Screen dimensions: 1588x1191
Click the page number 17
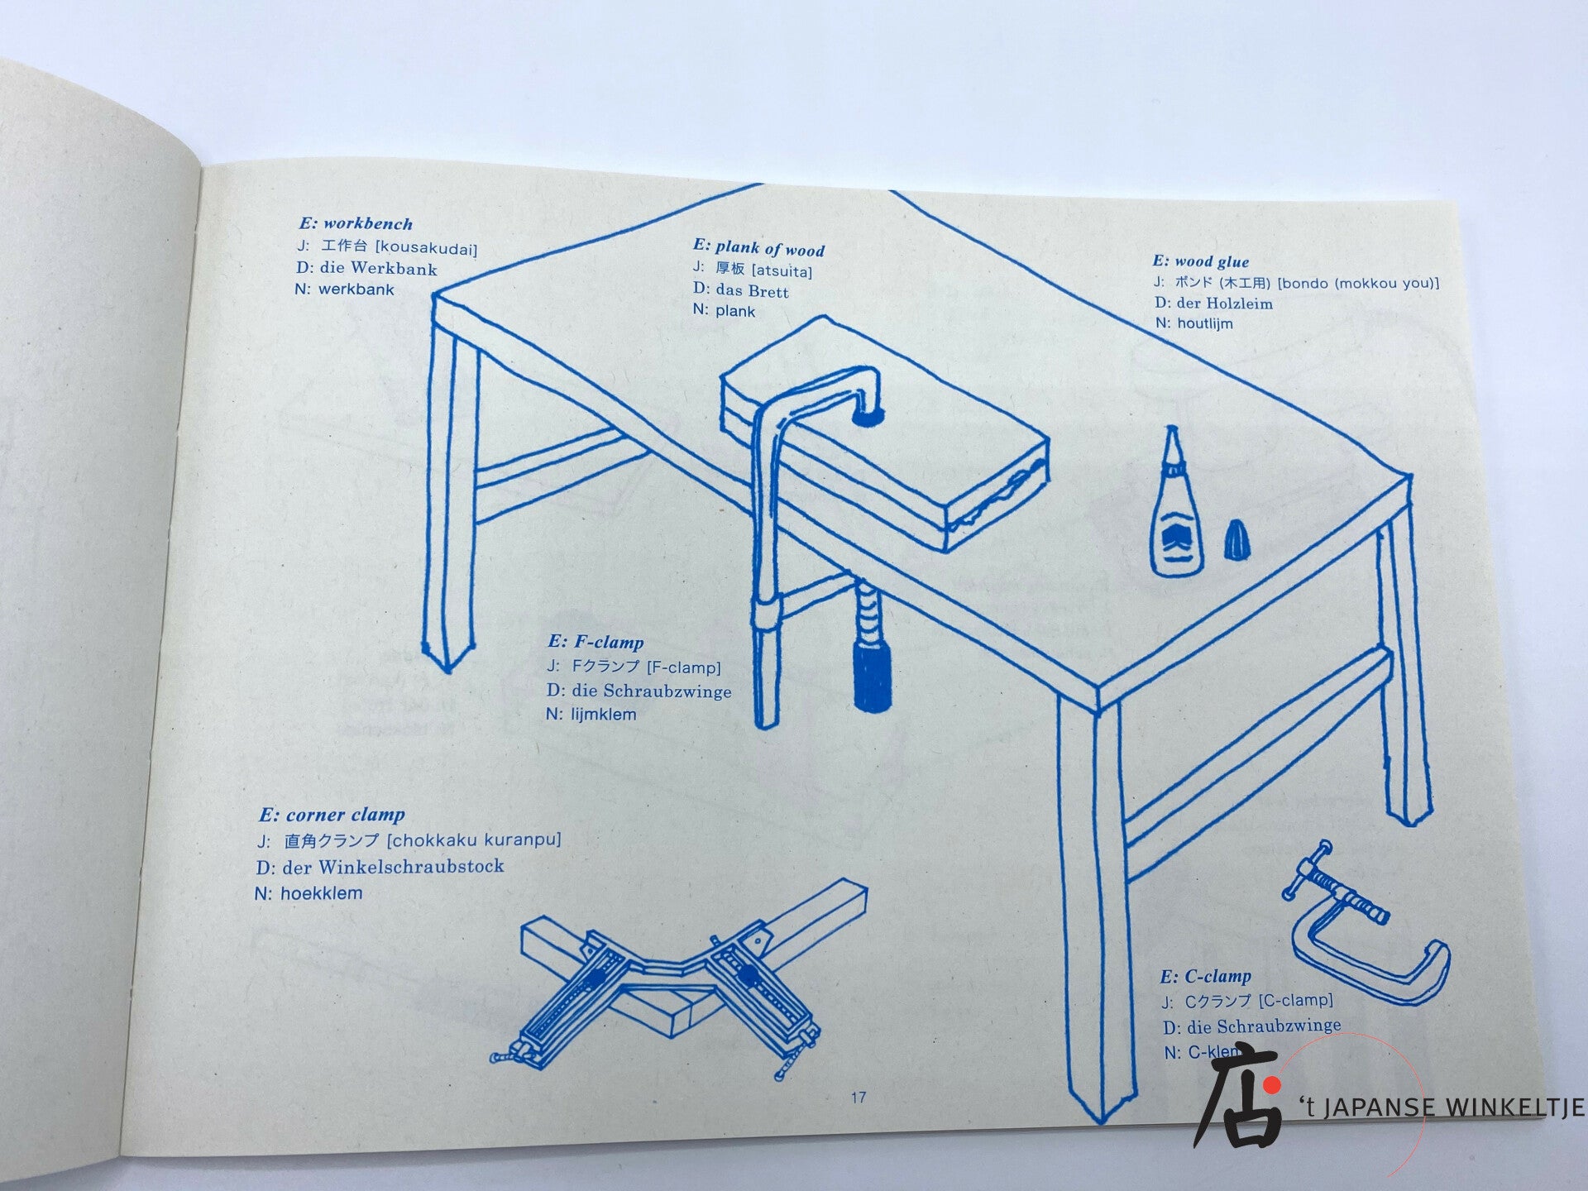coord(859,1098)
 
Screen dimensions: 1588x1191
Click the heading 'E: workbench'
coord(356,223)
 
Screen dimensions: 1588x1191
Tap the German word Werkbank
coord(394,268)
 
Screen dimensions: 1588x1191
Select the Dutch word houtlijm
coord(1205,323)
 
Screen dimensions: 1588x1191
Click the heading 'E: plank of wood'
coord(758,248)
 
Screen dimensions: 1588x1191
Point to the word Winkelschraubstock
coord(411,867)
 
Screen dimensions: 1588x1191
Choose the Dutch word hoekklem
coord(321,893)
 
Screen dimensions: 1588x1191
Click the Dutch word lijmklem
coord(604,714)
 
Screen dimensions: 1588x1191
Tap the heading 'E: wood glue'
coord(1201,261)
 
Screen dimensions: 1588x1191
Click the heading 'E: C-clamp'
coord(1205,977)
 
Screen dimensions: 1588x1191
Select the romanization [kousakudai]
coord(427,248)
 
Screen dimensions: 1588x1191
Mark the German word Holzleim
coord(1238,303)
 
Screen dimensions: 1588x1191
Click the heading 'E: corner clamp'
coord(332,815)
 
